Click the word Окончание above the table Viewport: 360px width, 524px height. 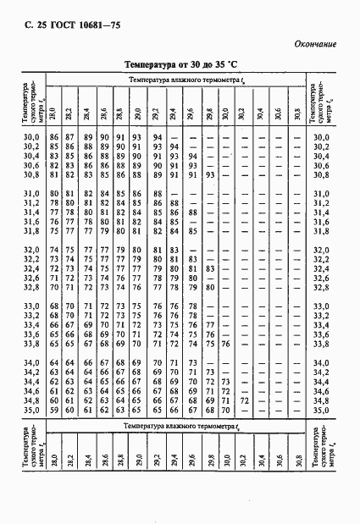point(316,43)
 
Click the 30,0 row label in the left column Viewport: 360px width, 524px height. point(30,137)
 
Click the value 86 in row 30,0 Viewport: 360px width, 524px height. point(54,137)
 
